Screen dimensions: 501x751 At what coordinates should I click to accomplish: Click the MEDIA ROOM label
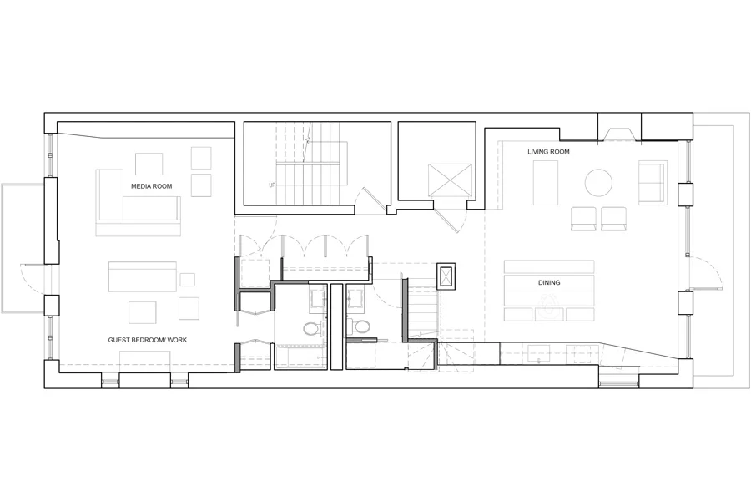(x=151, y=185)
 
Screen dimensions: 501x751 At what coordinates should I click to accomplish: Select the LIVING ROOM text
(x=547, y=152)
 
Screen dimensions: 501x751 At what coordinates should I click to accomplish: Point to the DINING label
(x=548, y=283)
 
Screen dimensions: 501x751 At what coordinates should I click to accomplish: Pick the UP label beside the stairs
(x=272, y=185)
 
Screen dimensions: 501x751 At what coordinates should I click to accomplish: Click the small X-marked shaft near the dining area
(x=448, y=275)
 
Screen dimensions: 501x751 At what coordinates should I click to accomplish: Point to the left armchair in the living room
(x=582, y=219)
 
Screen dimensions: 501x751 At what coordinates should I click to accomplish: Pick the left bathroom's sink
(x=318, y=297)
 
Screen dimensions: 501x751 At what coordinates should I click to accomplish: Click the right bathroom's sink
(x=355, y=297)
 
